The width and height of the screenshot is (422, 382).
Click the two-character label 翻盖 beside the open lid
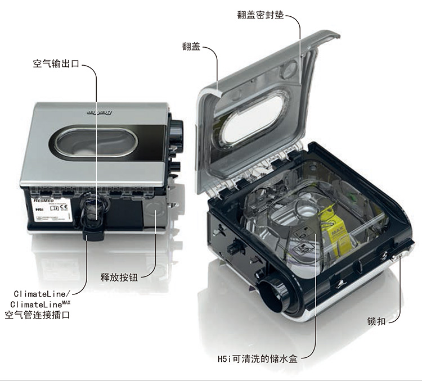[x=191, y=47]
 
